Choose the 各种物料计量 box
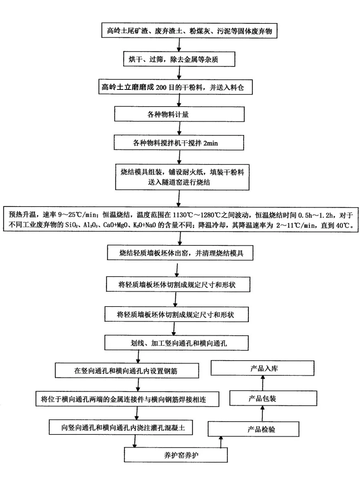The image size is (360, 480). point(179,115)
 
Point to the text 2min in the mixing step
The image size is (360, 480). point(210,143)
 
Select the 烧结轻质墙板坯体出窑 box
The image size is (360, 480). point(181,254)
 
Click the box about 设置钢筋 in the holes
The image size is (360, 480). point(128,370)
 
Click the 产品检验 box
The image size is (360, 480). point(254,429)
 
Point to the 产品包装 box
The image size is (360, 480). point(262,399)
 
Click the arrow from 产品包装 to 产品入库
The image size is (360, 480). point(262,383)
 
